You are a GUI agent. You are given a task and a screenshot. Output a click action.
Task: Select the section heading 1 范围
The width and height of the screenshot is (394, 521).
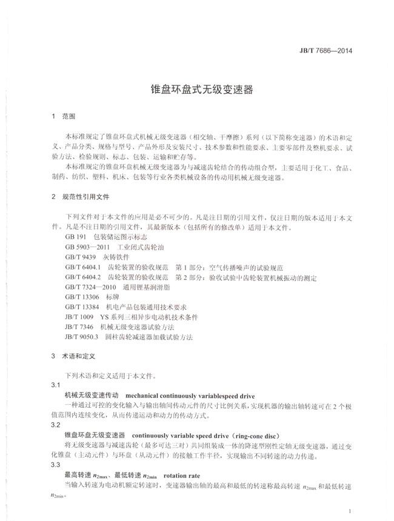point(62,116)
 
